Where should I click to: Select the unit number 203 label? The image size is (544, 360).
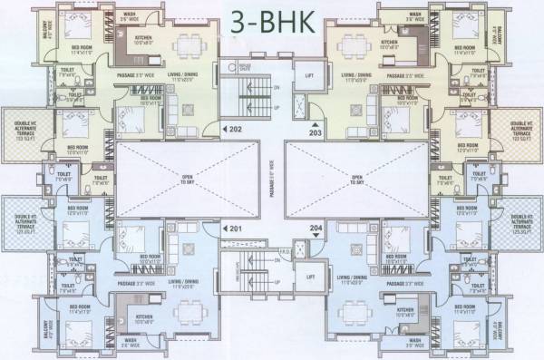tap(315, 131)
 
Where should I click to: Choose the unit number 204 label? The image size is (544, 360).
tap(315, 229)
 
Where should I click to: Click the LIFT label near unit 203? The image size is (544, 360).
tap(309, 75)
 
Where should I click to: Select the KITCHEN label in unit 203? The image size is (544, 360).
tap(390, 42)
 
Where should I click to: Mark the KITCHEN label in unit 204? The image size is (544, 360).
tap(390, 319)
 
